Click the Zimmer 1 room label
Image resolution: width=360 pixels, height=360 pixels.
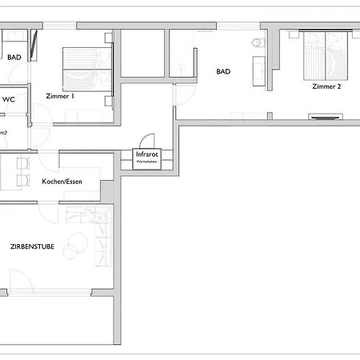pyautogui.click(x=62, y=96)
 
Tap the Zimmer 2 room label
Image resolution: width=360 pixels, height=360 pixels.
pyautogui.click(x=326, y=86)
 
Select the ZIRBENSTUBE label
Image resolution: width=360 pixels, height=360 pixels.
pyautogui.click(x=33, y=246)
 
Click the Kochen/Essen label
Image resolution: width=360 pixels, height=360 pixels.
pyautogui.click(x=62, y=182)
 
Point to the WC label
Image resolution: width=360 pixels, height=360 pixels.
pyautogui.click(x=9, y=99)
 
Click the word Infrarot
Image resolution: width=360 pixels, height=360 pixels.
pyautogui.click(x=147, y=154)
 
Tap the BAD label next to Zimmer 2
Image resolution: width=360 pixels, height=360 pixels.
pyautogui.click(x=223, y=71)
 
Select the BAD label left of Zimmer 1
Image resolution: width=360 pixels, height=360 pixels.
pyautogui.click(x=14, y=58)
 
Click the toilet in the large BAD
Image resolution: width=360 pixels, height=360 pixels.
pyautogui.click(x=256, y=43)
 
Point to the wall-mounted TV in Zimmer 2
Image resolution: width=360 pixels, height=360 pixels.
pyautogui.click(x=325, y=117)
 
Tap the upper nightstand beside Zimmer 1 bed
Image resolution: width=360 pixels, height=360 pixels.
pyautogui.click(x=108, y=38)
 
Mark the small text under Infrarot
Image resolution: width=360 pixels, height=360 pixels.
pyautogui.click(x=147, y=162)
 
